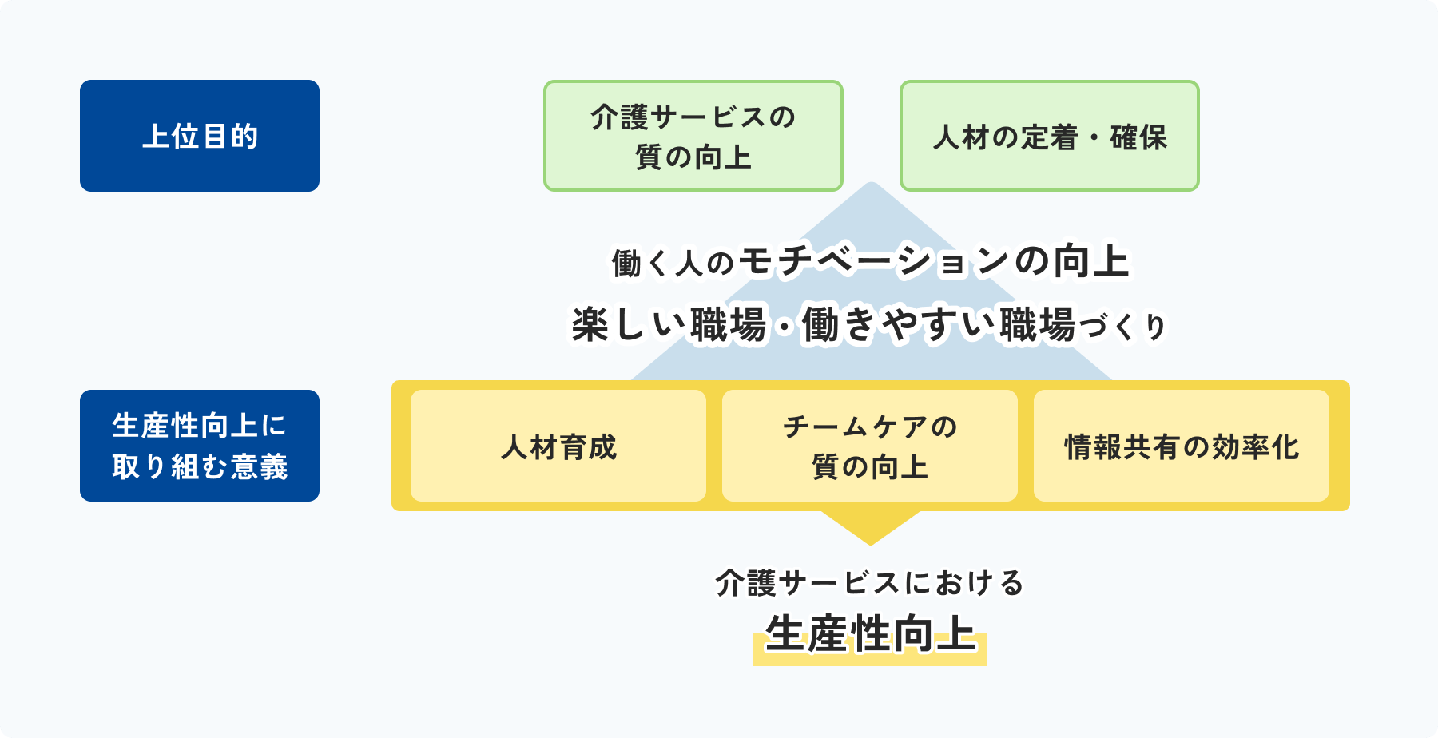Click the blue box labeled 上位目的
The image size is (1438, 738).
[x=200, y=136]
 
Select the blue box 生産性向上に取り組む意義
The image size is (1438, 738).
[x=200, y=446]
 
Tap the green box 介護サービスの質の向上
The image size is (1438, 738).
[x=693, y=136]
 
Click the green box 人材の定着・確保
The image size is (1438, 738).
[x=1050, y=136]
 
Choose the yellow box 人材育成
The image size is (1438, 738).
[x=558, y=446]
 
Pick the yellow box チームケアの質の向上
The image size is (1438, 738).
[x=870, y=446]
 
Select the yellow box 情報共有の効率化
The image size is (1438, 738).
[x=1182, y=446]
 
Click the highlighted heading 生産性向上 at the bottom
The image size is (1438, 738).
[x=871, y=635]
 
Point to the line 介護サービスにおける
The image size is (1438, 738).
[x=870, y=583]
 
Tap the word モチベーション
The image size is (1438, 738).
[x=875, y=261]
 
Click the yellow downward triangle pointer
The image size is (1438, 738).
[x=871, y=528]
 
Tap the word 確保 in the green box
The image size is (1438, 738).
[x=1139, y=137]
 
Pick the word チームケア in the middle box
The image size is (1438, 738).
[x=856, y=427]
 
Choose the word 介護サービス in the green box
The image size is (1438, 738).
[x=679, y=117]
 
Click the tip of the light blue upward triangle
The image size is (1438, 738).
[x=872, y=183]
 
